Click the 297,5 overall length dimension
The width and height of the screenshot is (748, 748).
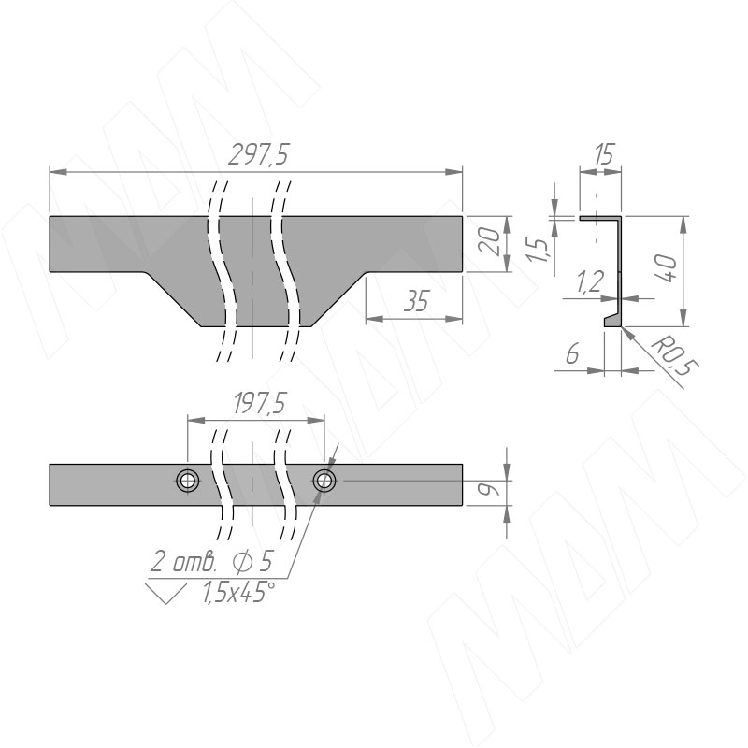click(258, 154)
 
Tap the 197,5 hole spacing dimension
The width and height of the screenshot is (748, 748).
click(260, 404)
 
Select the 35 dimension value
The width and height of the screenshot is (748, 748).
click(416, 301)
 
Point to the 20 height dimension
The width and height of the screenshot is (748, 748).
click(492, 242)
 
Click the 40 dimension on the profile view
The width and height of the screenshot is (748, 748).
click(668, 268)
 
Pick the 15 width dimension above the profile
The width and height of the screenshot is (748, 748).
click(603, 153)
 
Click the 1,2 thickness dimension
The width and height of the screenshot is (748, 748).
click(590, 281)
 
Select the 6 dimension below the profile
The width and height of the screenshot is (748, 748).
click(572, 353)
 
